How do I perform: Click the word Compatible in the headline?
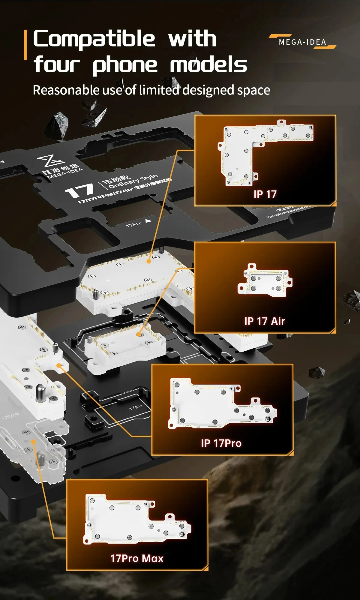click(x=94, y=39)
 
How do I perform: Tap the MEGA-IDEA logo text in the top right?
click(x=302, y=42)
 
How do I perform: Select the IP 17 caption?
click(x=265, y=194)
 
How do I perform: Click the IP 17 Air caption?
click(x=265, y=321)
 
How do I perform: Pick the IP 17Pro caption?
click(x=221, y=443)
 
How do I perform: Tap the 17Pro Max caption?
click(x=137, y=558)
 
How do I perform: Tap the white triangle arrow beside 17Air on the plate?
click(x=148, y=221)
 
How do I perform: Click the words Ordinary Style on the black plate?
click(x=133, y=181)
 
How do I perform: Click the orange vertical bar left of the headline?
click(x=25, y=45)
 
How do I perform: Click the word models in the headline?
click(x=208, y=65)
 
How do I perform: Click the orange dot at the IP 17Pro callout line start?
click(x=59, y=365)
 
